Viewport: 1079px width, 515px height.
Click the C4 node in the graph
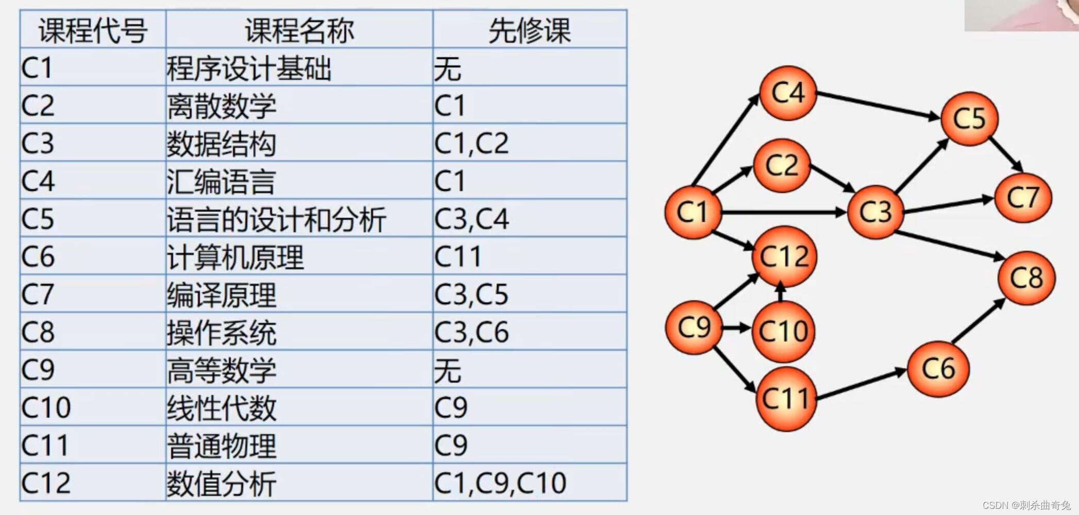(x=788, y=93)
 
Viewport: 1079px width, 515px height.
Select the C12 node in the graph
(x=784, y=256)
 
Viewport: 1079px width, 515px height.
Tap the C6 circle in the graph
(x=938, y=369)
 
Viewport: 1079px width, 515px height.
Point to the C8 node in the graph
(x=1026, y=278)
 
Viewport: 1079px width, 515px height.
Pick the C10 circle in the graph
(x=783, y=331)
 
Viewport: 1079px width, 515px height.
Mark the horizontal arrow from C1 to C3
(x=783, y=212)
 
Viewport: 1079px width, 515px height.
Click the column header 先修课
(x=529, y=30)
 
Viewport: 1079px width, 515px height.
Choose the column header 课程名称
(x=299, y=30)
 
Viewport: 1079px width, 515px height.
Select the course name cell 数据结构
(x=222, y=143)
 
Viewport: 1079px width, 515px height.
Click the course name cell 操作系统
(x=222, y=332)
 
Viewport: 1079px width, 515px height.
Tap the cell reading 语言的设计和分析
(x=276, y=219)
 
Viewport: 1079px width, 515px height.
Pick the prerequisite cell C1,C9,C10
(x=500, y=483)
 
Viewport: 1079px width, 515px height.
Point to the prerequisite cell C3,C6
(x=471, y=332)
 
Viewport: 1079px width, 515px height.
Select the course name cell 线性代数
(x=222, y=408)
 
